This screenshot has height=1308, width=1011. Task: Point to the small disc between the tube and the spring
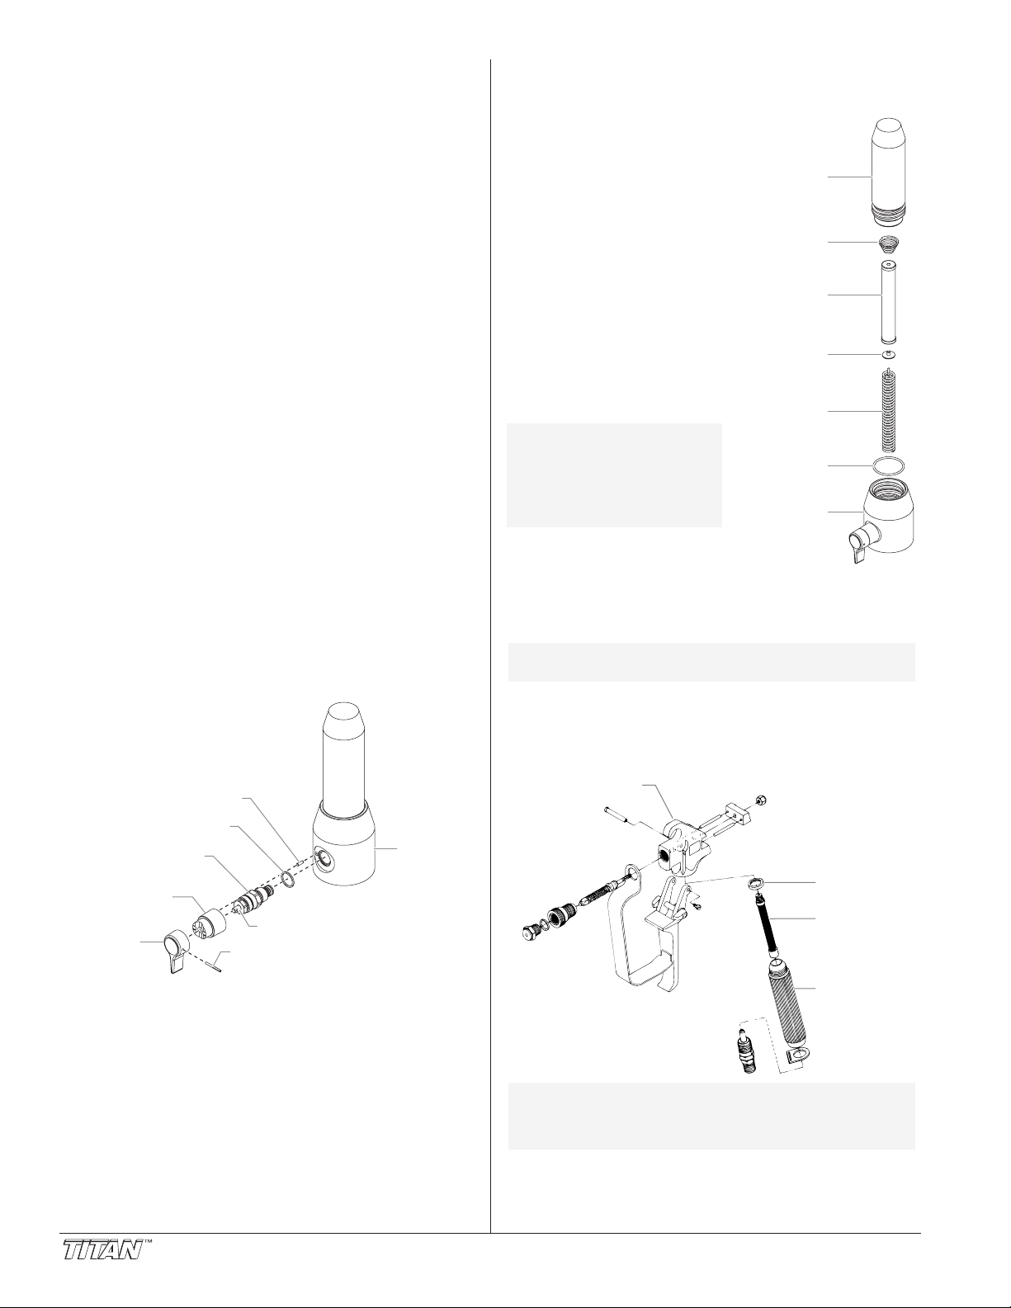[x=889, y=354]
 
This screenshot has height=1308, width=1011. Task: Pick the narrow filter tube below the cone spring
[x=889, y=295]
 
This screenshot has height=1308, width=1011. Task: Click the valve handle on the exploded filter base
[x=857, y=544]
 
